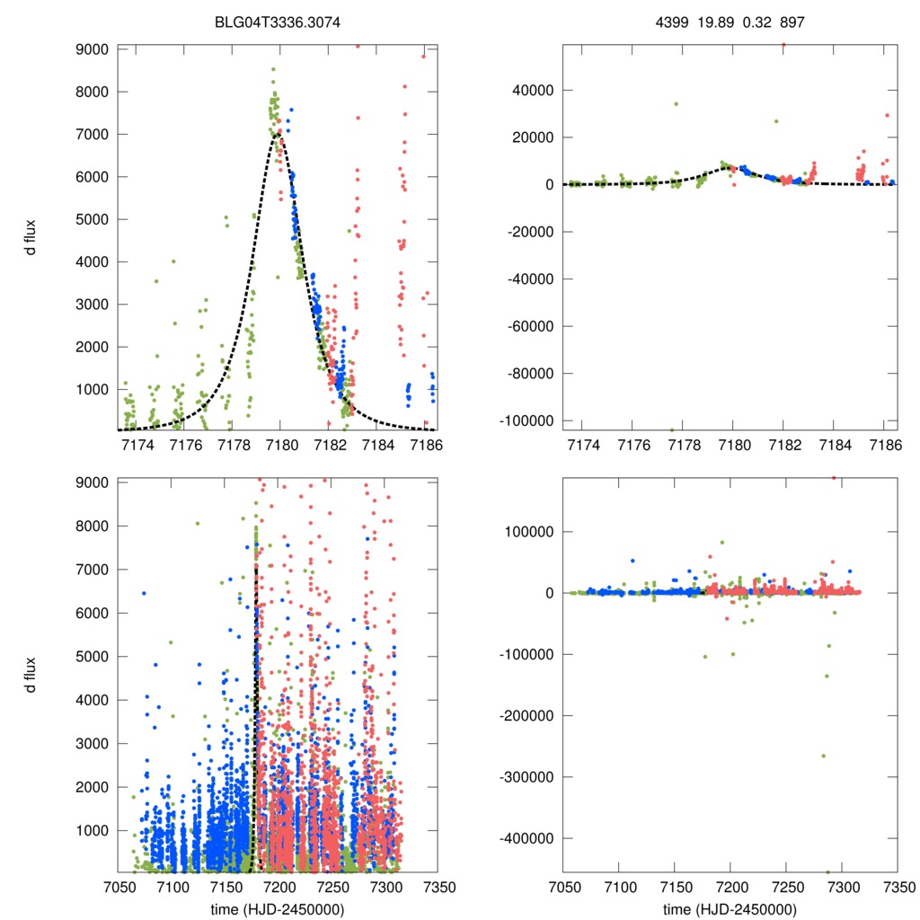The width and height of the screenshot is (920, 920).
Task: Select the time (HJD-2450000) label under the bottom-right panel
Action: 730,908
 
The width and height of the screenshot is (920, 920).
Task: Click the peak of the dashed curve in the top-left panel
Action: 279,134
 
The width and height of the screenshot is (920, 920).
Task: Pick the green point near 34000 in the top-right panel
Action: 676,104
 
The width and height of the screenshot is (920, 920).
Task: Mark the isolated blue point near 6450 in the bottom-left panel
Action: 143,593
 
